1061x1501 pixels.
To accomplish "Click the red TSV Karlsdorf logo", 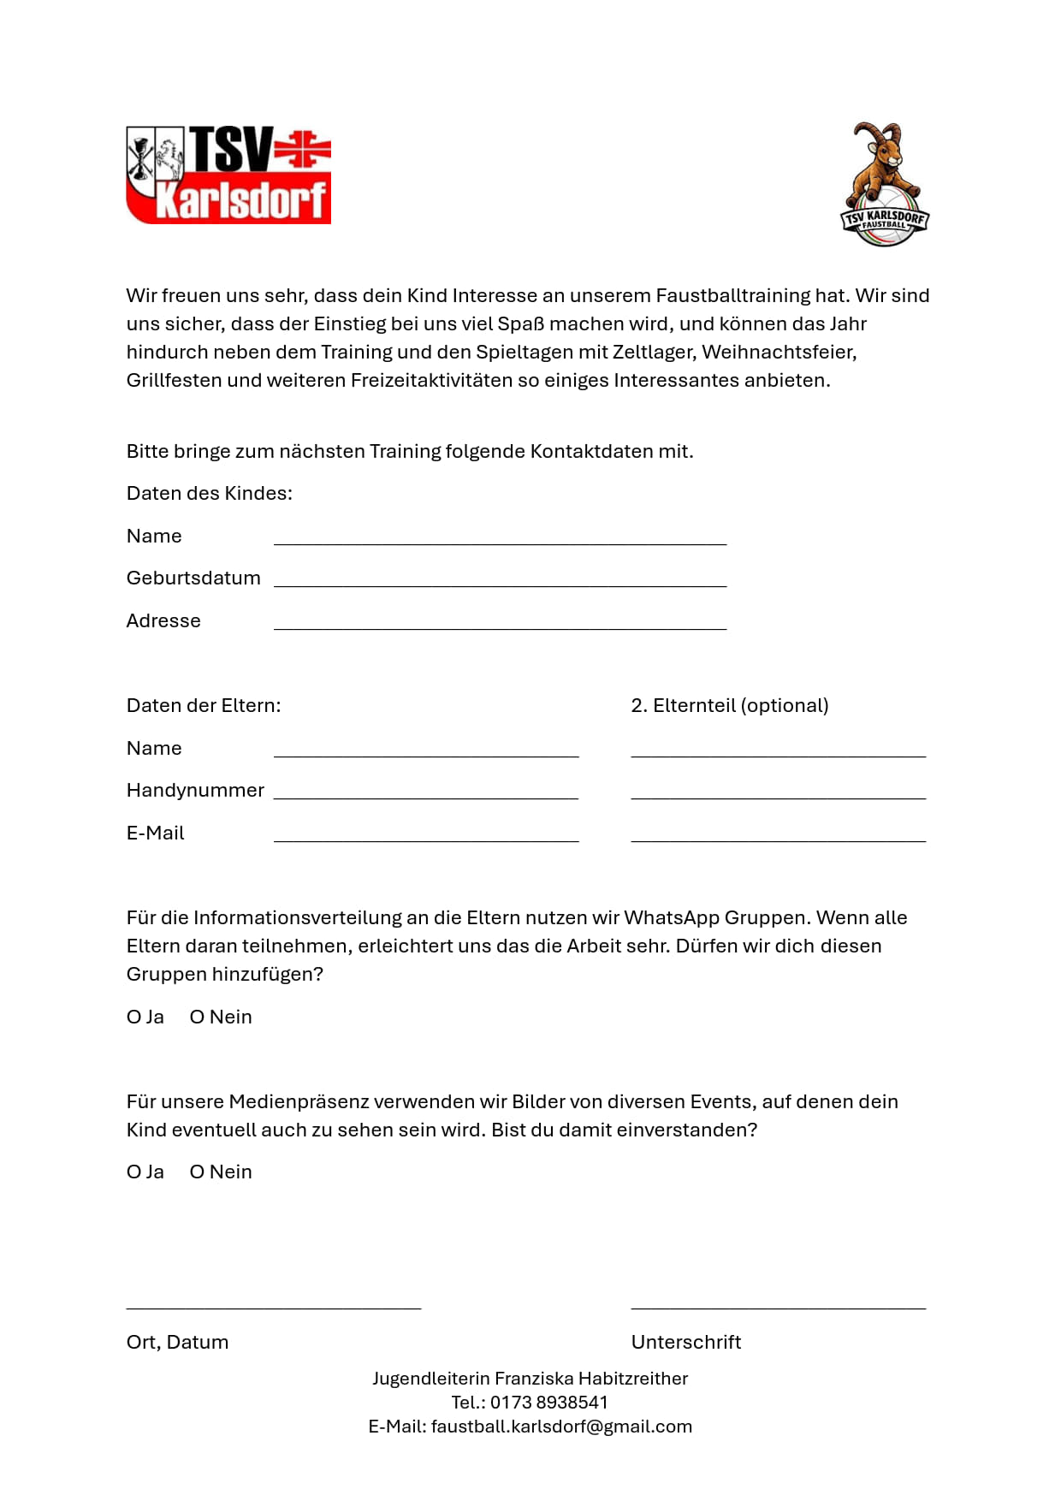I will tap(228, 175).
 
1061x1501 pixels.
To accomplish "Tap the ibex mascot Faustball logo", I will tap(884, 184).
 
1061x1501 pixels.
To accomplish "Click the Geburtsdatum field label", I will tap(193, 578).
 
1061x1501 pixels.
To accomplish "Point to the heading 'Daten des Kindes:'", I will tap(210, 494).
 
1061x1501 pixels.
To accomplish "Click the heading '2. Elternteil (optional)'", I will tap(730, 706).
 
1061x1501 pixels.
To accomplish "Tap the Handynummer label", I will tap(195, 791).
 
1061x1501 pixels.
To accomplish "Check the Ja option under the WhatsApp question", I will tap(134, 1017).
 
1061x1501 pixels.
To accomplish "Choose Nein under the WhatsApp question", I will tap(198, 1017).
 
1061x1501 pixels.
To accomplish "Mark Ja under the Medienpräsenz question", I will tap(134, 1172).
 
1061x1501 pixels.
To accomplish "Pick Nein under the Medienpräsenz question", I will tap(198, 1172).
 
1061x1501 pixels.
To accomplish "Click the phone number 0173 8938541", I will tap(548, 1403).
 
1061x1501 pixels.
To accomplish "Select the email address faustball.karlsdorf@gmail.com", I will tap(561, 1427).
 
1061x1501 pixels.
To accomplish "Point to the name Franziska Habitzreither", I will tap(591, 1379).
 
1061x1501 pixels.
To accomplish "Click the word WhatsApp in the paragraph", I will tap(672, 918).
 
